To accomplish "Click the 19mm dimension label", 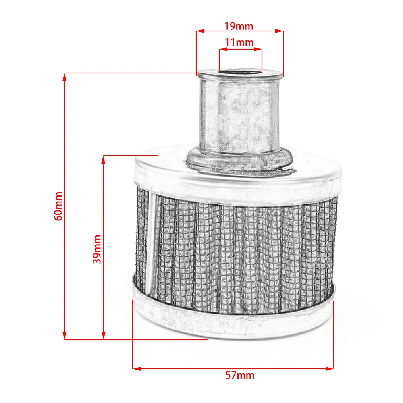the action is tap(239, 26).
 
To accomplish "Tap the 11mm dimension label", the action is tap(239, 42).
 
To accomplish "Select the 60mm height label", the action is tap(58, 206).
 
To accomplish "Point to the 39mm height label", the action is tap(97, 249).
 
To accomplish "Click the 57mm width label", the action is tap(240, 376).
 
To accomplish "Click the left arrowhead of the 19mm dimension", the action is tap(200, 31).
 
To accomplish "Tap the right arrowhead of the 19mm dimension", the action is tap(279, 31).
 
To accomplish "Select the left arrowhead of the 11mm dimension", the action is tap(223, 49).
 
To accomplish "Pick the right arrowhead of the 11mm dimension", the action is tap(258, 49).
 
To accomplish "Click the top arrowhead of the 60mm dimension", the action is tap(64, 77).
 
